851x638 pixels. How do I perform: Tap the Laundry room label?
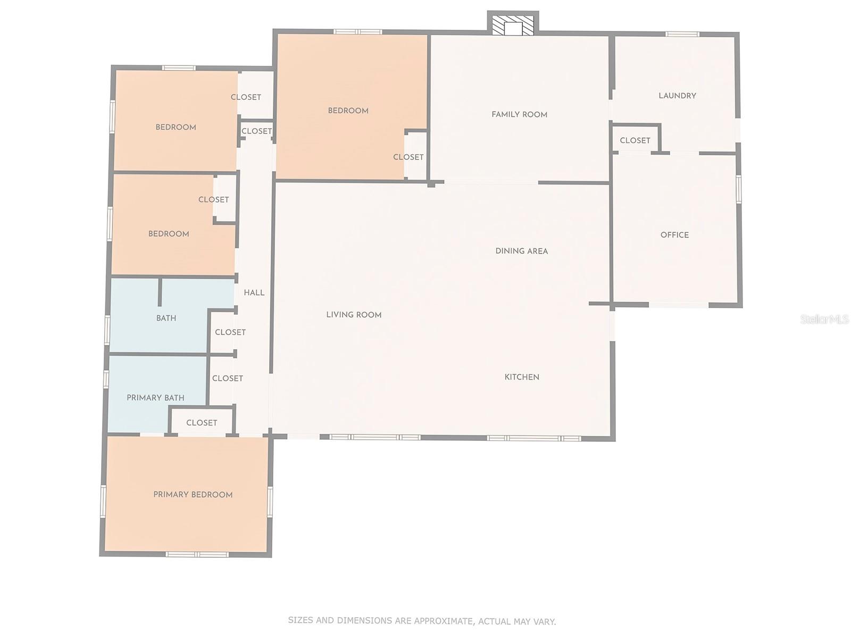click(x=677, y=96)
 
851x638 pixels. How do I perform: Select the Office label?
click(x=674, y=235)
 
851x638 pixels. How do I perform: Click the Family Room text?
click(x=519, y=114)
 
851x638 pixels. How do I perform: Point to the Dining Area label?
click(x=521, y=251)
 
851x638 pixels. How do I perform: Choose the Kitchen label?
click(x=522, y=377)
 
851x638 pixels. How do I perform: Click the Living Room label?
click(x=354, y=315)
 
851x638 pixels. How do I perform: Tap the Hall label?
click(x=254, y=292)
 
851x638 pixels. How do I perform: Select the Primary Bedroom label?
click(x=193, y=494)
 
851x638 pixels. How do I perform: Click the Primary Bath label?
click(x=155, y=398)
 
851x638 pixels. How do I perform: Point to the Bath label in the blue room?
click(x=166, y=318)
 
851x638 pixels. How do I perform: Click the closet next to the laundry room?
click(x=635, y=140)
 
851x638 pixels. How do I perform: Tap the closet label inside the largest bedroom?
click(x=408, y=157)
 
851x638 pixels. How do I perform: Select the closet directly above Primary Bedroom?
click(x=202, y=423)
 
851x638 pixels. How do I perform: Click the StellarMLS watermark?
click(x=824, y=319)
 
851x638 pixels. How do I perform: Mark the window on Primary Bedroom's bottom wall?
click(x=197, y=555)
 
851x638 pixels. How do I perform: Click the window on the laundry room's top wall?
click(x=682, y=35)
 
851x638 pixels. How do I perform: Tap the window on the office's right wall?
click(x=739, y=189)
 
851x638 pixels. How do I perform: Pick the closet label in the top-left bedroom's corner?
click(x=246, y=97)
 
